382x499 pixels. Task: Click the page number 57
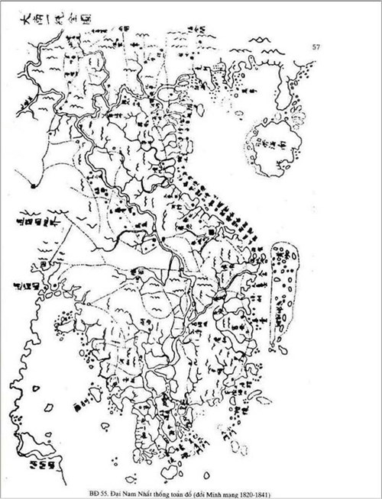[x=316, y=47]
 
